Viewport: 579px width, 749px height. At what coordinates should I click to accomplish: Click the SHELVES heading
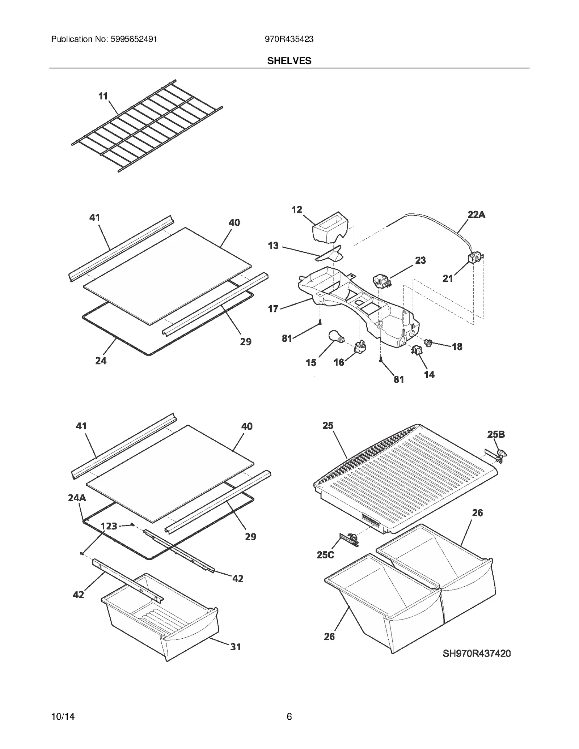pyautogui.click(x=289, y=61)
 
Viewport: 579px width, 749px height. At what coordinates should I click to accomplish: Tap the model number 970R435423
pyautogui.click(x=289, y=39)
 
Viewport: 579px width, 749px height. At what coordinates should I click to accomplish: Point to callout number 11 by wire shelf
pyautogui.click(x=103, y=96)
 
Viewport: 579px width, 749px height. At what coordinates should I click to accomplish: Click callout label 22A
pyautogui.click(x=476, y=214)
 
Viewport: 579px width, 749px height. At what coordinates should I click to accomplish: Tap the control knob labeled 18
pyautogui.click(x=429, y=342)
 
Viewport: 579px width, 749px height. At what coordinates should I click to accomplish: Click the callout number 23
pyautogui.click(x=420, y=260)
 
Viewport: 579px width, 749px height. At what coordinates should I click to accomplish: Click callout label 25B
pyautogui.click(x=496, y=434)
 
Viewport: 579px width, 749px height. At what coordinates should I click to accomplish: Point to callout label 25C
pyautogui.click(x=325, y=554)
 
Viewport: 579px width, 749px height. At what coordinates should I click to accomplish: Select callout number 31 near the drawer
pyautogui.click(x=236, y=647)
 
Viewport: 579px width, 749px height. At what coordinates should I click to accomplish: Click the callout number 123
pyautogui.click(x=109, y=526)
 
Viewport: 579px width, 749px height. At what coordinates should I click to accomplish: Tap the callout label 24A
pyautogui.click(x=77, y=498)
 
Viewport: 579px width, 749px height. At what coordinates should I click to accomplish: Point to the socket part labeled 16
pyautogui.click(x=361, y=347)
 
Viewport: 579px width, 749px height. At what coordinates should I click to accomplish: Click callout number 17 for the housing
pyautogui.click(x=273, y=308)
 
